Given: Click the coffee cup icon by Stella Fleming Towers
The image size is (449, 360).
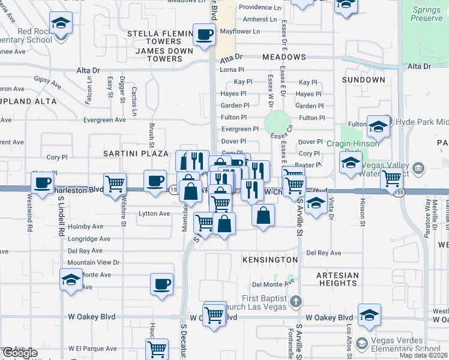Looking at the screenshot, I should [204, 34].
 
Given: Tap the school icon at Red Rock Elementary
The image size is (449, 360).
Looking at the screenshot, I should [59, 24].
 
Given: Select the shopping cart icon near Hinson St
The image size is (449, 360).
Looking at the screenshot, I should [391, 178].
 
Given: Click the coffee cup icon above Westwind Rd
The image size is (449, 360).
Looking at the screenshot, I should [42, 182].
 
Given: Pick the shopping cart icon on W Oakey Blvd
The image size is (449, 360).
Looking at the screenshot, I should [214, 314].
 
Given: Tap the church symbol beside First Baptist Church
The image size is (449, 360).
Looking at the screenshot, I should [295, 300].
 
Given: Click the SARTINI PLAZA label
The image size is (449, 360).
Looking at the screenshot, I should [135, 154].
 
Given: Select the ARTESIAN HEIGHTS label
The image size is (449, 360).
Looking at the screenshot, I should [337, 280].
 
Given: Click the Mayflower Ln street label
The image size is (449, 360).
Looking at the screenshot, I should [240, 31].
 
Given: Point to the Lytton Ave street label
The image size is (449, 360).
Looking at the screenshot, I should [154, 214].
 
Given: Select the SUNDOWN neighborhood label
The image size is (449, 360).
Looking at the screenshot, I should [364, 80].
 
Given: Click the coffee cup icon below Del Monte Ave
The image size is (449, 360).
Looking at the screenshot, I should [161, 284].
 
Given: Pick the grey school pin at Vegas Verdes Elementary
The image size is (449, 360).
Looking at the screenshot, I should [361, 344].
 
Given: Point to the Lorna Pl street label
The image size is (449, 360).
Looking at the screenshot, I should [231, 70].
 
